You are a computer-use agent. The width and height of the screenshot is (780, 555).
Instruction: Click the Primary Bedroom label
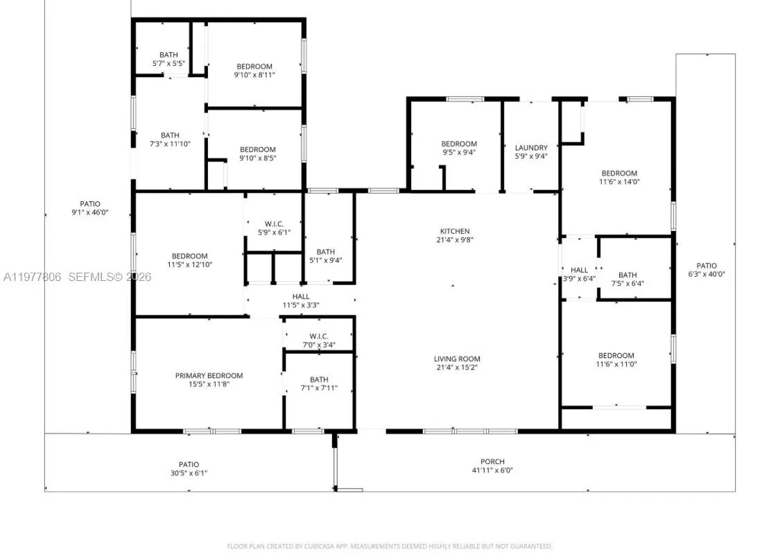coord(209,375)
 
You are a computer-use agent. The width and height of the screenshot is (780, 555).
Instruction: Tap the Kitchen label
coord(455,231)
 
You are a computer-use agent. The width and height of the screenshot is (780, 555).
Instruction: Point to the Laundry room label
coord(531,148)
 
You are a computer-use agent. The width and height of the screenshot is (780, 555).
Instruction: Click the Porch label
coord(492,461)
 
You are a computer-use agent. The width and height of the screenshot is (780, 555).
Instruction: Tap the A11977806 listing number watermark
coord(32,277)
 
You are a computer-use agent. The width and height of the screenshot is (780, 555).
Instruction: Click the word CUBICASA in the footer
coord(320,547)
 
